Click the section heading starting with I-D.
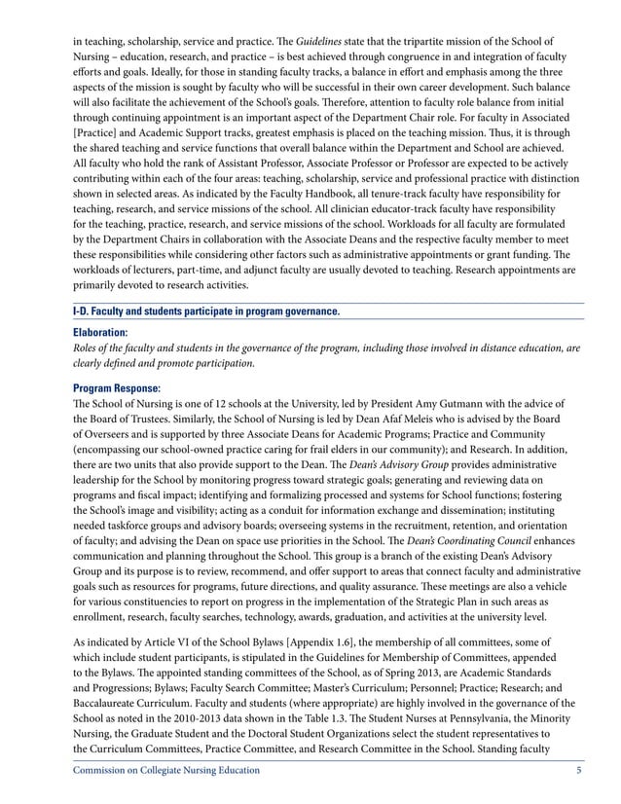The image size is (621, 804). (x=206, y=311)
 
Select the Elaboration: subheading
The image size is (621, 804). (x=100, y=332)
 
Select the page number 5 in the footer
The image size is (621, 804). (x=579, y=771)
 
